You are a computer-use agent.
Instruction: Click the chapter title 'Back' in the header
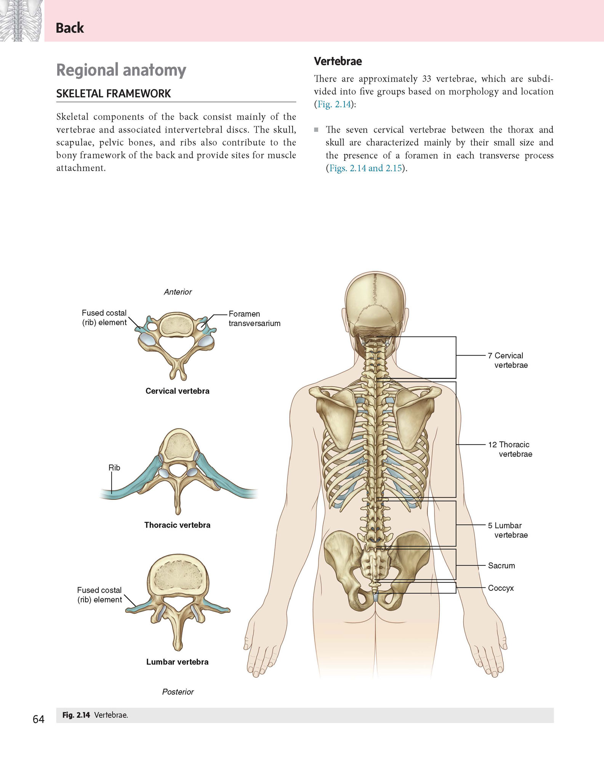point(70,28)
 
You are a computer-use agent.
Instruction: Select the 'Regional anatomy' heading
point(121,70)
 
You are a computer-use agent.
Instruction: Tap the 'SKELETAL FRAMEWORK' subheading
point(114,94)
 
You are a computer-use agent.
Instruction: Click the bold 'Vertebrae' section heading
point(338,61)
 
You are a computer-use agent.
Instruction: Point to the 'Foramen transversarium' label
point(255,318)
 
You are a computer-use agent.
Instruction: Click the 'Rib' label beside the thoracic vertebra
point(114,467)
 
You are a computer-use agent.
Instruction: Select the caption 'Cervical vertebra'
point(178,391)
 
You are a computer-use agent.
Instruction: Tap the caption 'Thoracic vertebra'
point(177,525)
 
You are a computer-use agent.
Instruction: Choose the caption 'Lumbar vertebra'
point(177,662)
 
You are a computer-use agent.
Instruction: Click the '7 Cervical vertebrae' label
point(508,360)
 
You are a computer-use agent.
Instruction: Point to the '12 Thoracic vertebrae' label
point(510,449)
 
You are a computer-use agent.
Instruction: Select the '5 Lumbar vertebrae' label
point(508,530)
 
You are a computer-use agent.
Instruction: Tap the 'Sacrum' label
point(501,566)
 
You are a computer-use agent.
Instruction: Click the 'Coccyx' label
point(501,588)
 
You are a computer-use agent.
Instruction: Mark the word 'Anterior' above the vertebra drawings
point(178,292)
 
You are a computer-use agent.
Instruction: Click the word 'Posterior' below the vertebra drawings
point(178,692)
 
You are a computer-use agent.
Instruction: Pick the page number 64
point(38,719)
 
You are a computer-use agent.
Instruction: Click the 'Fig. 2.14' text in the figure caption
point(76,715)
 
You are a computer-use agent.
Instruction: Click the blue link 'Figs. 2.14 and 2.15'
point(366,168)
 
